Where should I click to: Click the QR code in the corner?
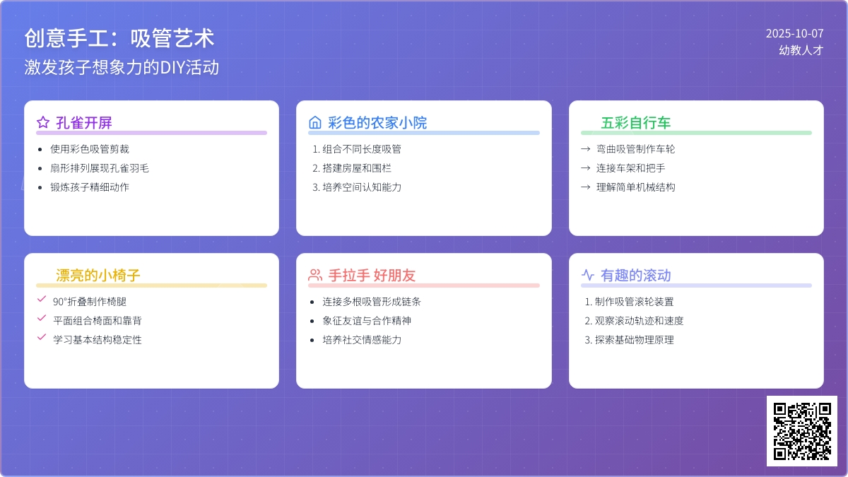point(802,431)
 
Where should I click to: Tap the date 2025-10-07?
point(794,33)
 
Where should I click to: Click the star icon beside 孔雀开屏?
point(43,122)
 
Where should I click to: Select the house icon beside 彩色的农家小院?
point(315,122)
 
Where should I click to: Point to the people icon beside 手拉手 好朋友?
point(315,275)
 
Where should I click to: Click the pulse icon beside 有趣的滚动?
point(587,275)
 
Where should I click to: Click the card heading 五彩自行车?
point(635,123)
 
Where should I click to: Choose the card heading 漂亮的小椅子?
point(98,275)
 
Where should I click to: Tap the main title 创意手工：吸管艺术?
point(119,38)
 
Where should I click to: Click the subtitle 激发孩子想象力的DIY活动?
point(122,67)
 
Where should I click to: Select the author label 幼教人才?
point(801,50)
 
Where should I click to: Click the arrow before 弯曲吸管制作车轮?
point(586,149)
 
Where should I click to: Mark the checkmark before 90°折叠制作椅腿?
point(42,299)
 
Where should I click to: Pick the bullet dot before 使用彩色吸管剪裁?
point(40,150)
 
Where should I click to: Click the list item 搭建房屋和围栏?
point(357,168)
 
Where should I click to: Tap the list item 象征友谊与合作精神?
point(367,321)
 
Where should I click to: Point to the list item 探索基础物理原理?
point(634,340)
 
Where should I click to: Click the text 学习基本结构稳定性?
point(98,340)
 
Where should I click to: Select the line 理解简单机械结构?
point(635,187)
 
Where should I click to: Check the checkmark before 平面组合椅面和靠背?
point(42,318)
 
